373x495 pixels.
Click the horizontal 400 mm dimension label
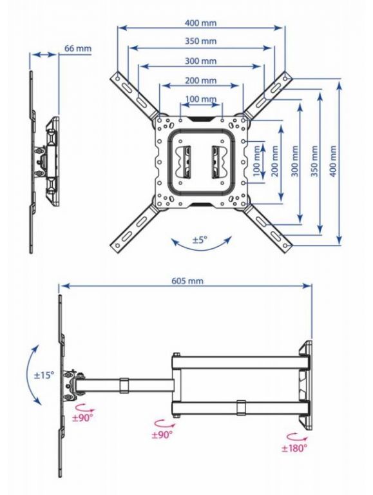click(200, 23)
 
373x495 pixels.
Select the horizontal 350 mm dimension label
click(201, 41)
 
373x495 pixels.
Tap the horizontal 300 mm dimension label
click(201, 61)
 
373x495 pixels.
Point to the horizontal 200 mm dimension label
click(201, 81)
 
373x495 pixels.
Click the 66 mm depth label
click(78, 48)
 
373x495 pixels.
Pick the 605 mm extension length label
click(187, 280)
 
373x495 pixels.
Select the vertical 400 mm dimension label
click(332, 161)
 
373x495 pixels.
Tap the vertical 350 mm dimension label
click(314, 161)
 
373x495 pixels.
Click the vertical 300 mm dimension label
click(294, 161)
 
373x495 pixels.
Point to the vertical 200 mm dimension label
click(274, 161)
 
